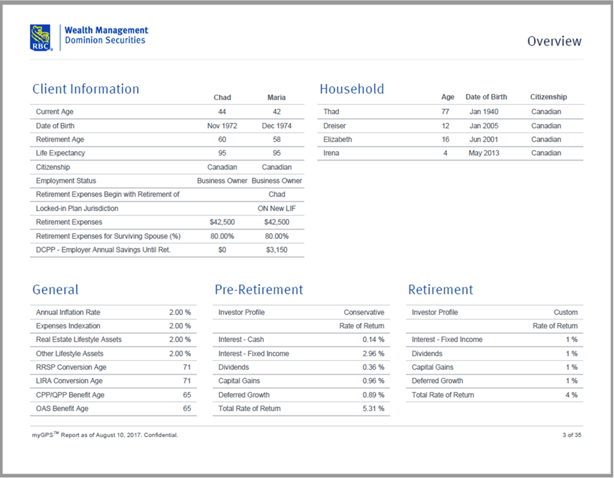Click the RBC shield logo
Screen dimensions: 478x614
41,37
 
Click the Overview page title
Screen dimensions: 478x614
554,42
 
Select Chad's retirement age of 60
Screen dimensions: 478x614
222,139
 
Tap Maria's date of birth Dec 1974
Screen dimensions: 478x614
277,126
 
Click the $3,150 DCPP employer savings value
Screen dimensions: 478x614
277,250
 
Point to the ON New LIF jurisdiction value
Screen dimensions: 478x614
277,209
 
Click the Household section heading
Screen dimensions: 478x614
351,89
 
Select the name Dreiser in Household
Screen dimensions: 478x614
334,126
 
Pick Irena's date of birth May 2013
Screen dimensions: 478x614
484,153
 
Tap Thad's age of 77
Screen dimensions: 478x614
445,111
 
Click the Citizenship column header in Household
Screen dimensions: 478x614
548,97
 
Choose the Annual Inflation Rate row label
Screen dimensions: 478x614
68,312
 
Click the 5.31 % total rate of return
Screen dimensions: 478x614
373,409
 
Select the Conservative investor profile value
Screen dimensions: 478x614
363,312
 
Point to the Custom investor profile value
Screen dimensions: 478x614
565,312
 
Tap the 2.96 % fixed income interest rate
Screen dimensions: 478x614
373,353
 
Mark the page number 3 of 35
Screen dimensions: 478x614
572,435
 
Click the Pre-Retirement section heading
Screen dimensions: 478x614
258,290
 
